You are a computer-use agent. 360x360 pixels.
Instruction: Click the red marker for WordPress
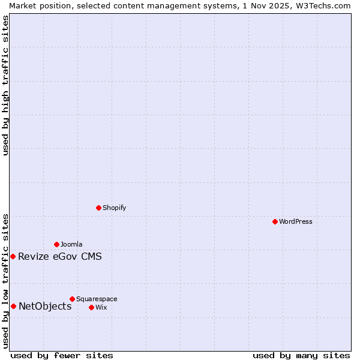(275, 221)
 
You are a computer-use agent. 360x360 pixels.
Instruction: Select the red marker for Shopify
(99, 208)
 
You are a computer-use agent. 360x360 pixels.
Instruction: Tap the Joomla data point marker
(56, 244)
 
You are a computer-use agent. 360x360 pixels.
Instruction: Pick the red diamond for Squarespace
(72, 299)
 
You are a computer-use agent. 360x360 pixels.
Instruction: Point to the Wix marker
(91, 307)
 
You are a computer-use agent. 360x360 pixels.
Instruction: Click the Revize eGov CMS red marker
(13, 256)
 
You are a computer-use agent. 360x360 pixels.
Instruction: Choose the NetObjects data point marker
(13, 306)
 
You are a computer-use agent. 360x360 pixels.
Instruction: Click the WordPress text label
(296, 221)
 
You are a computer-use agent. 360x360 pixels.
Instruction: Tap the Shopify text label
(114, 208)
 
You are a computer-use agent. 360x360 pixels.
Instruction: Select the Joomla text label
(71, 244)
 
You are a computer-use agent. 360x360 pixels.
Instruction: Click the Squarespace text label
(97, 299)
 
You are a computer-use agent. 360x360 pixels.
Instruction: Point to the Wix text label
(101, 307)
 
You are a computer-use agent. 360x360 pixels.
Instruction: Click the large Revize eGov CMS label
(60, 257)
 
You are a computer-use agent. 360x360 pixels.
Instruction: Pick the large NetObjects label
(45, 307)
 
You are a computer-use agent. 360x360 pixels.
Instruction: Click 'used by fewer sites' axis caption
(62, 355)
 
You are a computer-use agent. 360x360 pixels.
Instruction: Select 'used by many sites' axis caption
(301, 355)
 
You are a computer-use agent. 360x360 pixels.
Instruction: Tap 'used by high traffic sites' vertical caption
(5, 86)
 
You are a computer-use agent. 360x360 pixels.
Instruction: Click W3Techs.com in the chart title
(322, 5)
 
